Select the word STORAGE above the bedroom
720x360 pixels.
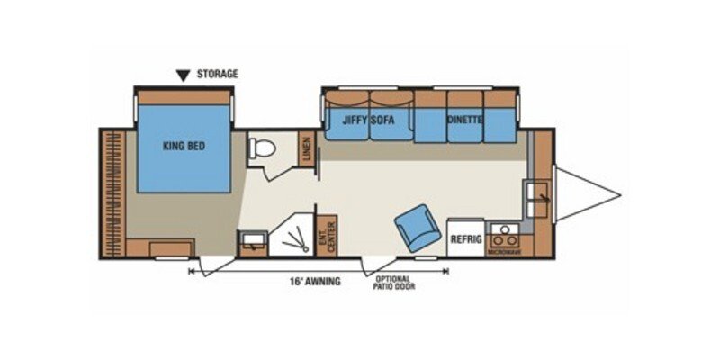218,74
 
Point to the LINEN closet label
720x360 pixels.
307,149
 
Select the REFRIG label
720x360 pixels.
467,239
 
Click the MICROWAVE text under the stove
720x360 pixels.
505,251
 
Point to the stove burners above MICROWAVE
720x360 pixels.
505,237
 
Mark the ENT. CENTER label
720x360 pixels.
326,234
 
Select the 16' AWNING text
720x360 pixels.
314,282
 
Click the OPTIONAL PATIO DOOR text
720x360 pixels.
397,282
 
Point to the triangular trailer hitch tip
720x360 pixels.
617,193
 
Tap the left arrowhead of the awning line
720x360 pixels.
192,269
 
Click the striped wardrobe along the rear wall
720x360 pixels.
113,193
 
